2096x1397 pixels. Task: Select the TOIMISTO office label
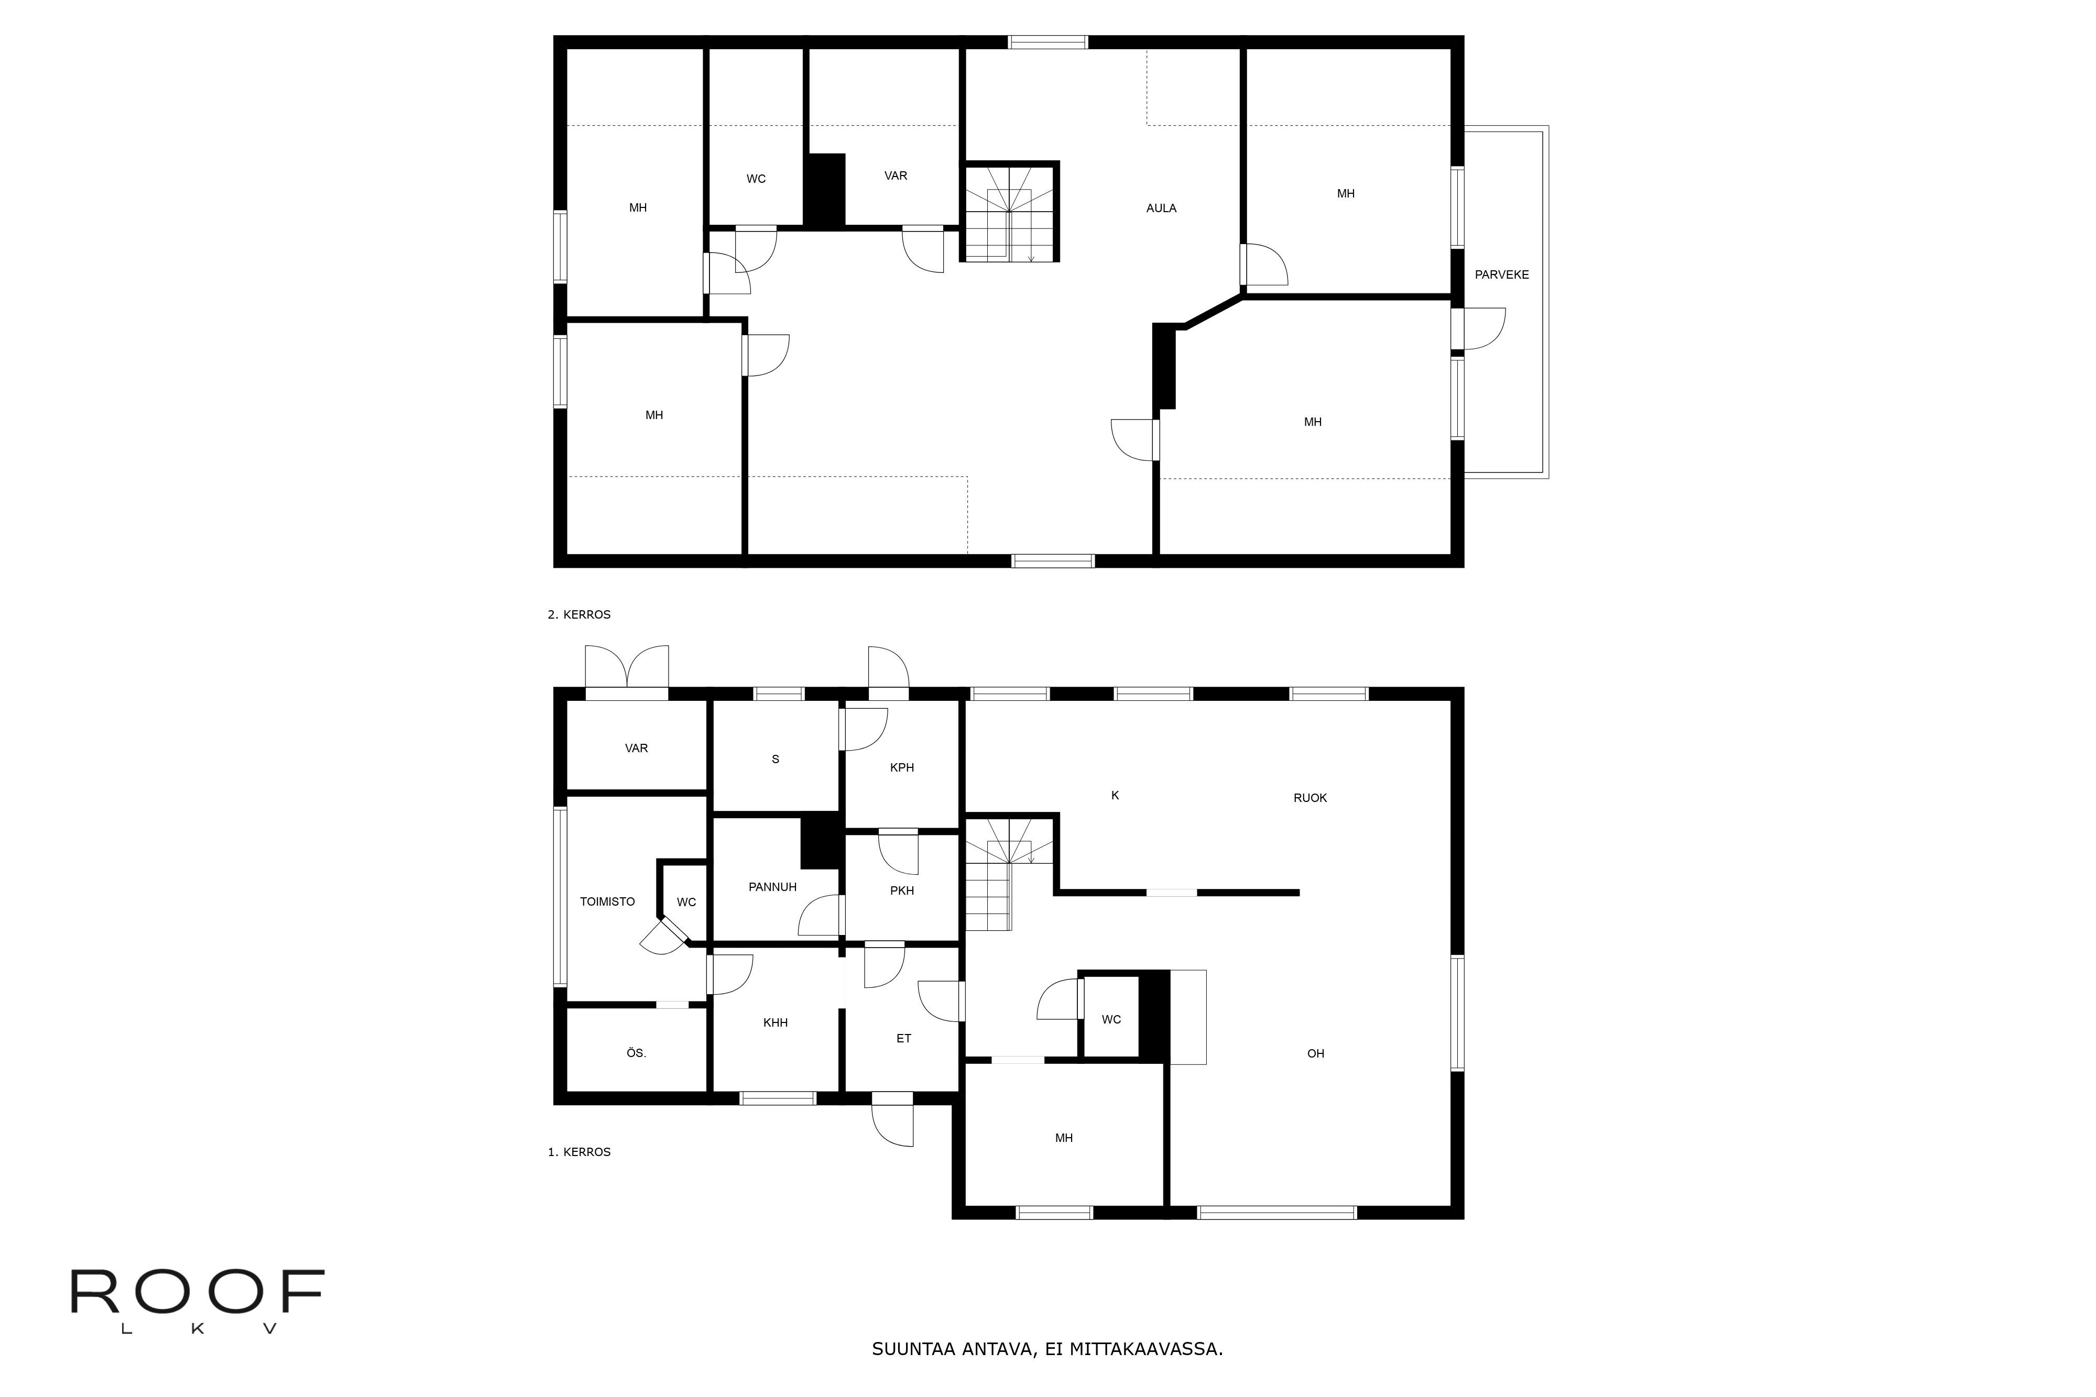pyautogui.click(x=607, y=901)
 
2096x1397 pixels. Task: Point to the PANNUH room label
pyautogui.click(x=772, y=886)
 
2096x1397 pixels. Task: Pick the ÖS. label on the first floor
pyautogui.click(x=636, y=1053)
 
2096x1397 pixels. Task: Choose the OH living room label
pyautogui.click(x=1315, y=1054)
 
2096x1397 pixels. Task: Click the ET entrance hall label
pyautogui.click(x=903, y=1039)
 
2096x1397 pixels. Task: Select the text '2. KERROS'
pyautogui.click(x=578, y=615)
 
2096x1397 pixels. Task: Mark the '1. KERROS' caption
pyautogui.click(x=578, y=1152)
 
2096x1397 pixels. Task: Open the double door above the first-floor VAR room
pyautogui.click(x=627, y=670)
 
